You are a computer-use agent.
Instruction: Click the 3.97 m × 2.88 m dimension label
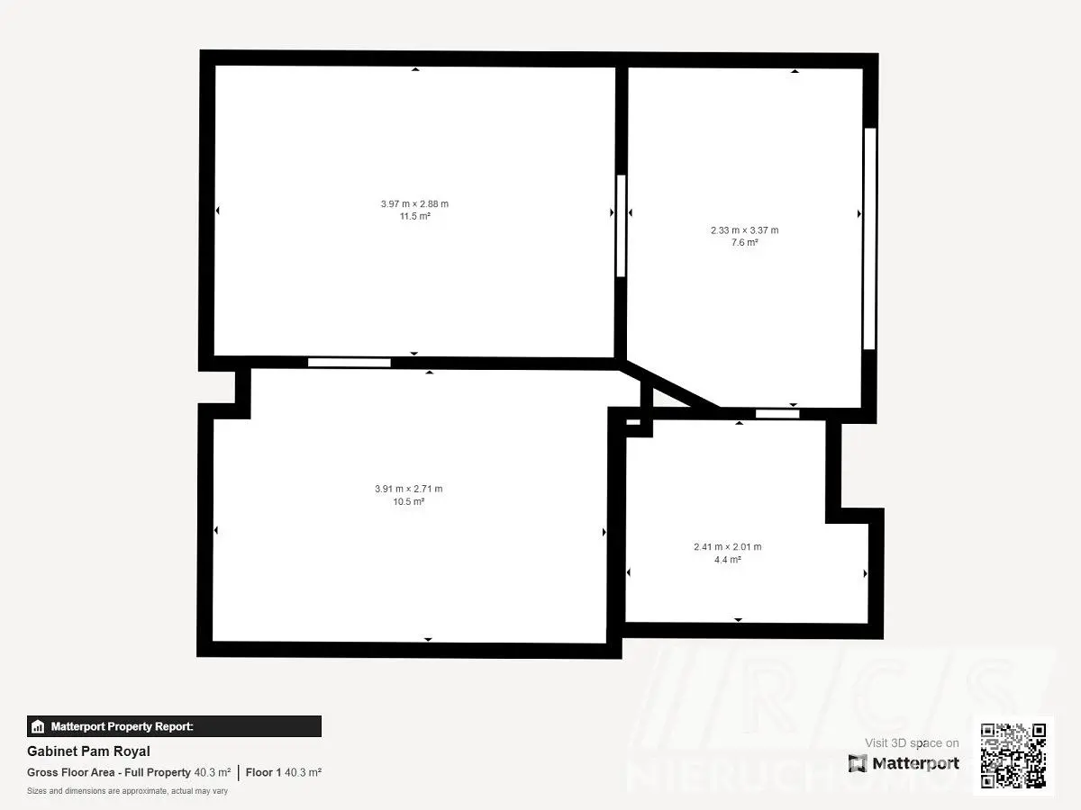coord(414,203)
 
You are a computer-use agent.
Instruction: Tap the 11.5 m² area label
coord(415,216)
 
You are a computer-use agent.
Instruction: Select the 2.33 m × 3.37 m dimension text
coord(745,230)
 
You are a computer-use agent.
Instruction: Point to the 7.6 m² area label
coord(745,242)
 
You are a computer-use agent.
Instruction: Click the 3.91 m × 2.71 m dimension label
coord(409,489)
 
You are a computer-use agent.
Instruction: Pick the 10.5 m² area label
coord(409,501)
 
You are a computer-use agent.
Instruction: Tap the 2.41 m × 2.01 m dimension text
coord(728,547)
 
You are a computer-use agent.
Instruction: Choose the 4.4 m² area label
coord(728,560)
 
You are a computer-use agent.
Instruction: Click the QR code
coord(1013,755)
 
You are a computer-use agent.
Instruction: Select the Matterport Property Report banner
coord(175,726)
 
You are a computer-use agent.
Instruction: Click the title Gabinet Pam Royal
coord(88,751)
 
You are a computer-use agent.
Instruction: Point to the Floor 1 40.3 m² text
coord(284,772)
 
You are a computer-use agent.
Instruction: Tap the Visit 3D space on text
coord(912,743)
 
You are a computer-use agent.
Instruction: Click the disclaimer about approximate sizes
coord(128,791)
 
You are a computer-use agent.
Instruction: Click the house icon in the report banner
coord(38,726)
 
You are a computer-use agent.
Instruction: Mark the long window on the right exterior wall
coord(869,238)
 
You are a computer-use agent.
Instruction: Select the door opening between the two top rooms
coord(621,226)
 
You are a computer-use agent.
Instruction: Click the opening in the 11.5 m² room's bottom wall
coord(350,363)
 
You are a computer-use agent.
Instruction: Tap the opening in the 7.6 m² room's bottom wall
coord(777,414)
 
